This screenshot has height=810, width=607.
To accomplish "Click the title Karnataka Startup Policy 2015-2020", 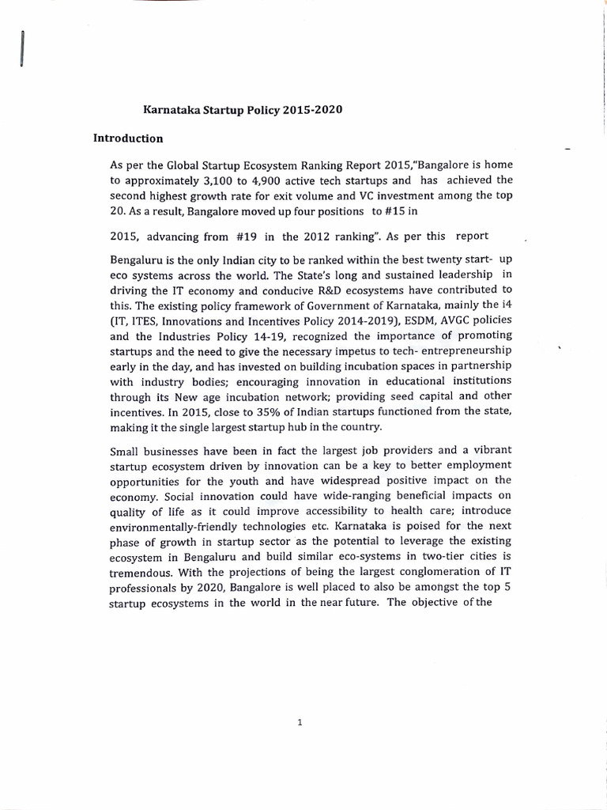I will point(242,109).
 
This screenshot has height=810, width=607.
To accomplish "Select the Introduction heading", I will point(128,138).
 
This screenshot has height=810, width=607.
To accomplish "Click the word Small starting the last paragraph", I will point(126,449).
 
